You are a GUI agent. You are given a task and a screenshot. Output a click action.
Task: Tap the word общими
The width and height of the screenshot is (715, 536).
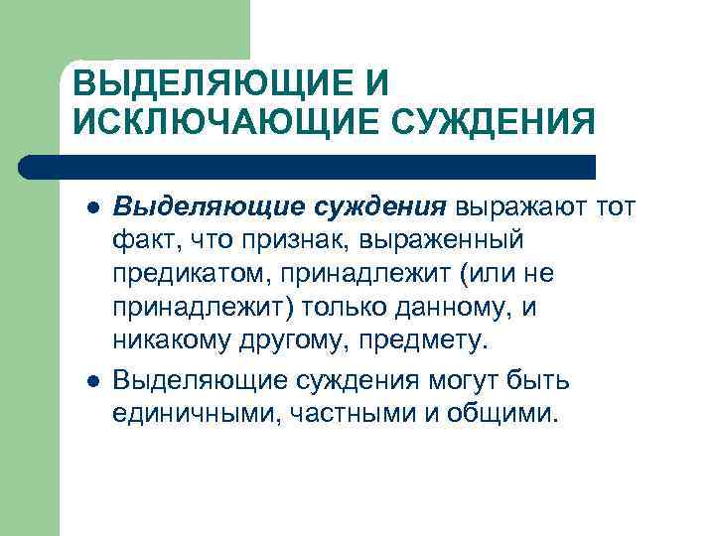coord(509,412)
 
